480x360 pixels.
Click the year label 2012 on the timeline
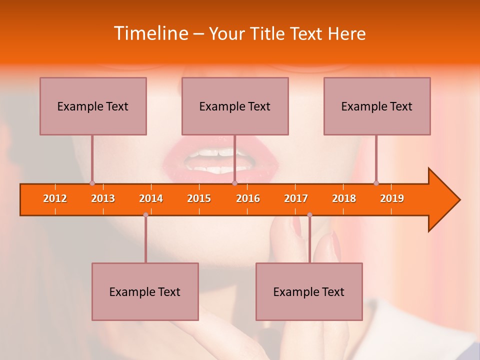[55, 198]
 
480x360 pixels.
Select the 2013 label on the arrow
[103, 198]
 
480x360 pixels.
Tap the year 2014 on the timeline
[151, 198]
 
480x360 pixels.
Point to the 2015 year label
[199, 198]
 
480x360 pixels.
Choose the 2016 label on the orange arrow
[248, 198]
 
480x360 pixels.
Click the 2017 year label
[296, 198]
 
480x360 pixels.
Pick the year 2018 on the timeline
[344, 198]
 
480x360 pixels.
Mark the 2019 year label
[392, 198]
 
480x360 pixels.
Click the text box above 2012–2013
[93, 106]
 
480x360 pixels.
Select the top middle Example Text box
[235, 106]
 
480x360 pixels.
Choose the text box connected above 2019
[377, 106]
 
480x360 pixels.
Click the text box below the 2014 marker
[145, 291]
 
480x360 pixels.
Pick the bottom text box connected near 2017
[309, 291]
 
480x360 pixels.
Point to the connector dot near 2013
[92, 183]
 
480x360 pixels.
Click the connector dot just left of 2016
[234, 183]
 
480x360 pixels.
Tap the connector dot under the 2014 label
[145, 215]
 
